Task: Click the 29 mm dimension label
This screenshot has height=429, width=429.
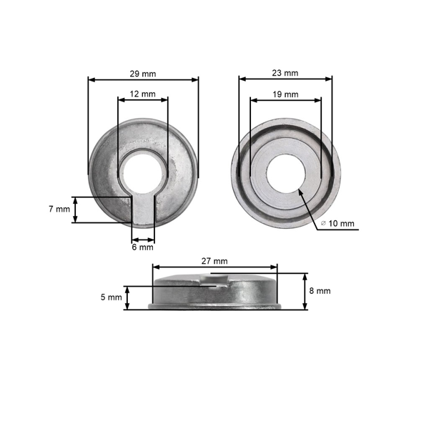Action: (143, 73)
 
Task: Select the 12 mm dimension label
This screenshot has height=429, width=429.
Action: (143, 94)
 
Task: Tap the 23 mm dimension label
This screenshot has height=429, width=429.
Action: (285, 73)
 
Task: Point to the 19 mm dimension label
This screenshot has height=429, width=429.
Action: (285, 94)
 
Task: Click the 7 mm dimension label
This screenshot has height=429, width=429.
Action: (59, 209)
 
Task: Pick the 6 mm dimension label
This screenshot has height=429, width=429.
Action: (143, 247)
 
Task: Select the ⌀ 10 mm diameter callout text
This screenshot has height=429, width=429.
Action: (337, 224)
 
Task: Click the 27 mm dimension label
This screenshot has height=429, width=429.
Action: (214, 261)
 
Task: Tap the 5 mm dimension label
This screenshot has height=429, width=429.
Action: (112, 297)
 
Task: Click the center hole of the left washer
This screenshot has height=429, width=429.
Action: (142, 172)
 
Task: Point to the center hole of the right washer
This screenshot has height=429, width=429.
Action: (286, 172)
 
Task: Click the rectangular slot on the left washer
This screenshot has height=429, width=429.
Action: (143, 207)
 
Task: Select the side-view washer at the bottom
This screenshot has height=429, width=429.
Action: (214, 293)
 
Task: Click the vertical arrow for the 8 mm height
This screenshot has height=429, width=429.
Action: (305, 291)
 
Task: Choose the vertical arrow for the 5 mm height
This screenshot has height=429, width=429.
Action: (127, 297)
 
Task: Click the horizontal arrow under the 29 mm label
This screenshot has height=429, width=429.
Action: (143, 80)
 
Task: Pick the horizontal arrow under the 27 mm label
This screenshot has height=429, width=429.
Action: (214, 267)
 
